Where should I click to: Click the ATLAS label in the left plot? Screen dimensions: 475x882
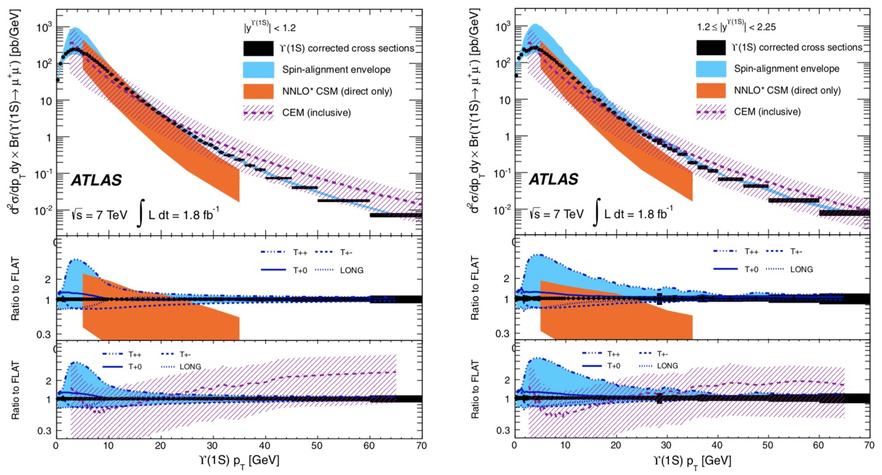97,180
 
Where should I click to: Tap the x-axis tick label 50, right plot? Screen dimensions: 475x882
768,445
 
